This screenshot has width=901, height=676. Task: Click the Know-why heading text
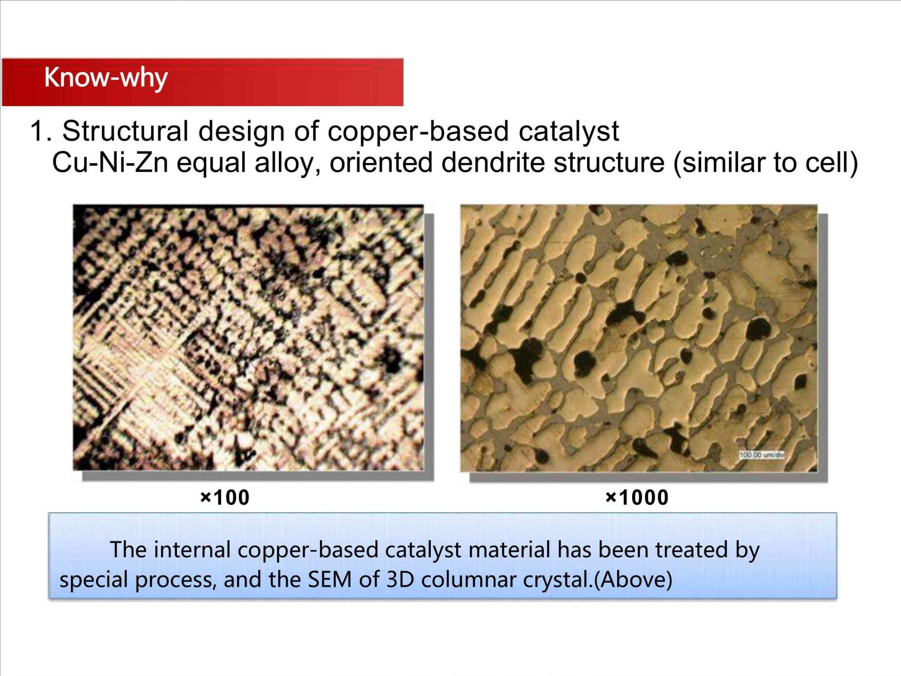(x=106, y=78)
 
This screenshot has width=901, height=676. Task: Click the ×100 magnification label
(x=224, y=498)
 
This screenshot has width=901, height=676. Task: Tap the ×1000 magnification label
(x=637, y=498)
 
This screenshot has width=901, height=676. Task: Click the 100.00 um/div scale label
(x=761, y=455)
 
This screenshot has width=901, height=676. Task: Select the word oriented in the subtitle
(x=381, y=163)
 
